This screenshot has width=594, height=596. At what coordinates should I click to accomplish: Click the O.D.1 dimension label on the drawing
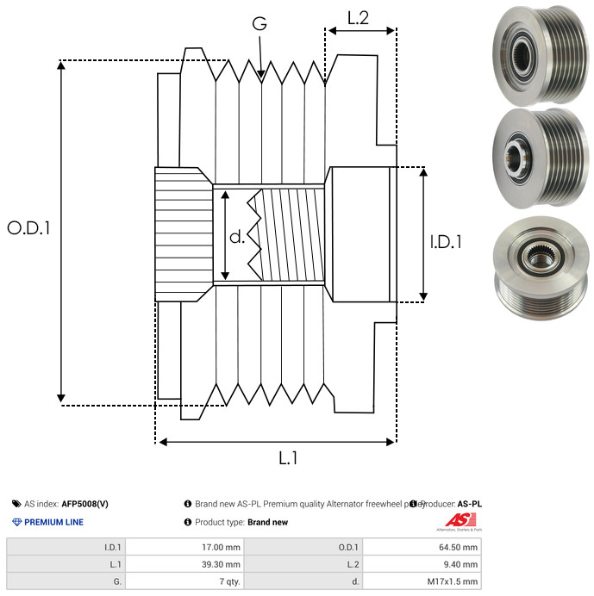click(x=29, y=228)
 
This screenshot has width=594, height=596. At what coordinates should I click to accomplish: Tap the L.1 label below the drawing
click(x=287, y=459)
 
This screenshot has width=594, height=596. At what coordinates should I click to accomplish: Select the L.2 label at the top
click(x=358, y=16)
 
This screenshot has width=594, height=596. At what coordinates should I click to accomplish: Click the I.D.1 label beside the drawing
click(x=446, y=243)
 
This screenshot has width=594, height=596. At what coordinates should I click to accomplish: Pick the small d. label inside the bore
click(x=238, y=236)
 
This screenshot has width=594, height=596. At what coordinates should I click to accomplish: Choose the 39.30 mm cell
click(x=220, y=563)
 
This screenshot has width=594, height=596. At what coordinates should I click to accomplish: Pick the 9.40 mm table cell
click(x=460, y=563)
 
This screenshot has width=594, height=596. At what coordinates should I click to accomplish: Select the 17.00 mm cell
click(x=220, y=546)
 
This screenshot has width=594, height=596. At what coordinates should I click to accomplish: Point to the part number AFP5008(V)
click(x=84, y=504)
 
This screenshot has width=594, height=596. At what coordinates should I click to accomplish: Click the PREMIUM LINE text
click(x=53, y=522)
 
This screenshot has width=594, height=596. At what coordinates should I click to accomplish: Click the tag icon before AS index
click(x=16, y=504)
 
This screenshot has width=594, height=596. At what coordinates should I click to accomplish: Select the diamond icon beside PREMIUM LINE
click(x=16, y=522)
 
